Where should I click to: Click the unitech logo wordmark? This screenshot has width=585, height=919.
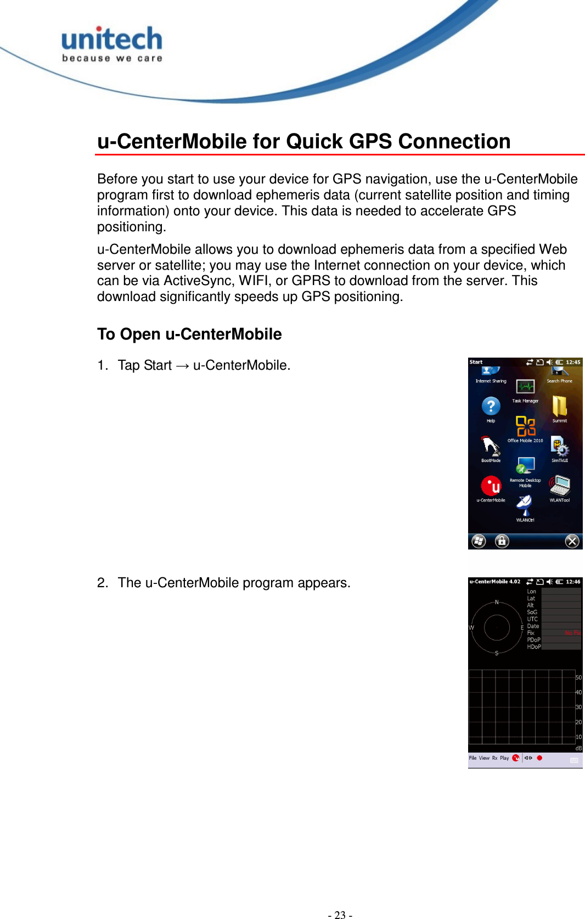tap(112, 40)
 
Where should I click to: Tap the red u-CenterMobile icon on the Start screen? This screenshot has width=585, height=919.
tap(491, 486)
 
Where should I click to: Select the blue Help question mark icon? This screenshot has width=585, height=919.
tap(491, 406)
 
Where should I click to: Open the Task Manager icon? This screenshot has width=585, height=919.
tap(525, 387)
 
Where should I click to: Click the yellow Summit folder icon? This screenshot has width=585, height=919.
tap(559, 406)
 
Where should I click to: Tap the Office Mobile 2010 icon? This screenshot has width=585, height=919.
tap(525, 426)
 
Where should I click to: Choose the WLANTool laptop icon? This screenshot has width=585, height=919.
tap(560, 486)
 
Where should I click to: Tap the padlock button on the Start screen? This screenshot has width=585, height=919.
tap(502, 541)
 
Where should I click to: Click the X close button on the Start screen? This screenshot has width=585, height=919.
tap(572, 541)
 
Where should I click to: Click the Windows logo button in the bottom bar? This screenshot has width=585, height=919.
tap(479, 541)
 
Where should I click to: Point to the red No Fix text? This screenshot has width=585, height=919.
tap(572, 633)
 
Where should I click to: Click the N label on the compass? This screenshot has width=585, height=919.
tap(497, 603)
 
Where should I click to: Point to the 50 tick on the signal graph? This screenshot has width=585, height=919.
tap(578, 677)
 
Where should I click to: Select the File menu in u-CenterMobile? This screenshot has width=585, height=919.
tap(473, 758)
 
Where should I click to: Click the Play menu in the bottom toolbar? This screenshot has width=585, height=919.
tap(504, 758)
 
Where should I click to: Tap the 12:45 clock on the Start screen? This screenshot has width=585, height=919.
tap(573, 363)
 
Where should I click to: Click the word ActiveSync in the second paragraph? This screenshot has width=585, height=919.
tap(198, 281)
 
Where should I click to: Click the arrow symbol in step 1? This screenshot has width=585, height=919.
tap(182, 366)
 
